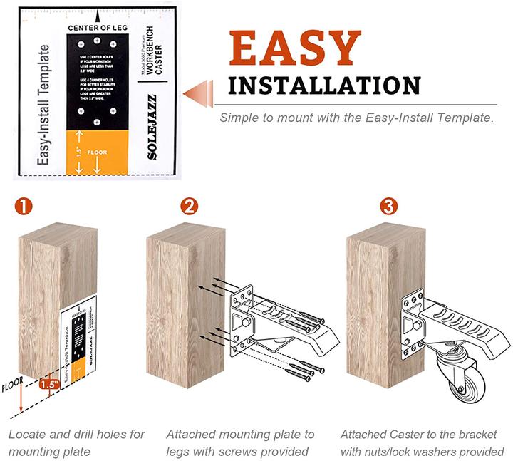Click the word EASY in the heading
295,49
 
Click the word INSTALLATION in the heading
324,86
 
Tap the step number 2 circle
189,207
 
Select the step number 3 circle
388,207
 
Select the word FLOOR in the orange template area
97,152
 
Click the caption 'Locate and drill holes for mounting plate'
76,442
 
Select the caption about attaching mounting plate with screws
240,442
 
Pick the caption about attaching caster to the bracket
423,442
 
